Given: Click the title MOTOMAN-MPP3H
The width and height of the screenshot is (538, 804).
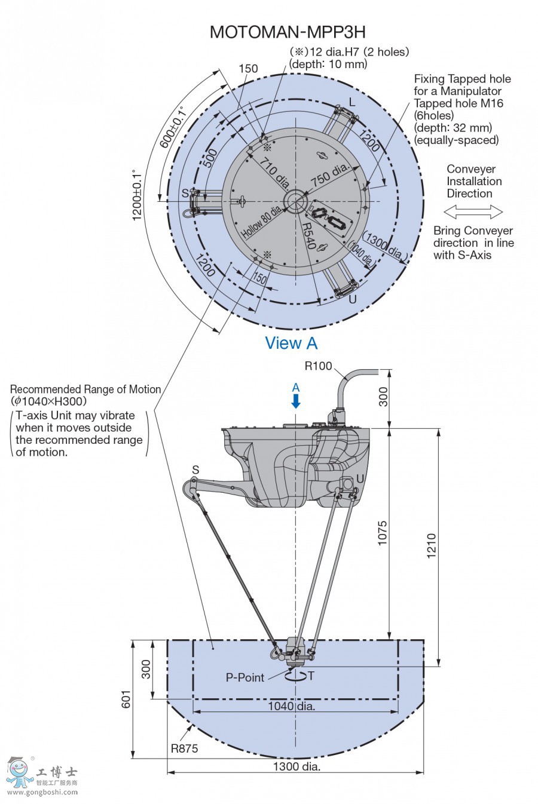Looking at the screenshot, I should point(287,32).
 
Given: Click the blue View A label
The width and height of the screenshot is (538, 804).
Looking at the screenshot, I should point(291,343).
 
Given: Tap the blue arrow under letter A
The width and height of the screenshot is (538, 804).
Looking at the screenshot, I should point(295,401).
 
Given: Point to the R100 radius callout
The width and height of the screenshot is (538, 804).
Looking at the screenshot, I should point(318,366).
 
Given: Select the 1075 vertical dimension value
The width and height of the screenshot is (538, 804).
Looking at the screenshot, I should point(382,533).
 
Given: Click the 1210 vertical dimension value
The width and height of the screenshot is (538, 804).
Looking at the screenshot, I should point(431,545).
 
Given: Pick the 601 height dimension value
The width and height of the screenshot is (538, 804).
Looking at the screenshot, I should point(126,699).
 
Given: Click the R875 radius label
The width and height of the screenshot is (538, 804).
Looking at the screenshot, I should point(184,748).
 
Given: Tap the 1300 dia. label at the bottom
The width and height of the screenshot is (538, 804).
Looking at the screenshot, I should point(296,766).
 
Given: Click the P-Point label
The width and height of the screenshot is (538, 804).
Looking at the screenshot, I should point(244,677).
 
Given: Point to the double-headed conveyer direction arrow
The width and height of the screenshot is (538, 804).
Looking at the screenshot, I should point(473,211).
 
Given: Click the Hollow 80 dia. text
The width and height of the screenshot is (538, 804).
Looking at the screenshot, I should point(261,222).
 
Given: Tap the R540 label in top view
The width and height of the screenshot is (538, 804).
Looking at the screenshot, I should point(308,237).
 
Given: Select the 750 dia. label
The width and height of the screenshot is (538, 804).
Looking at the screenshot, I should point(329,174).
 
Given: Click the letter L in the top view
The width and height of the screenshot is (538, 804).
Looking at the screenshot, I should point(352,102).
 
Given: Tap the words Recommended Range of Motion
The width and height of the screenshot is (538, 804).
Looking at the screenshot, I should point(85,389).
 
